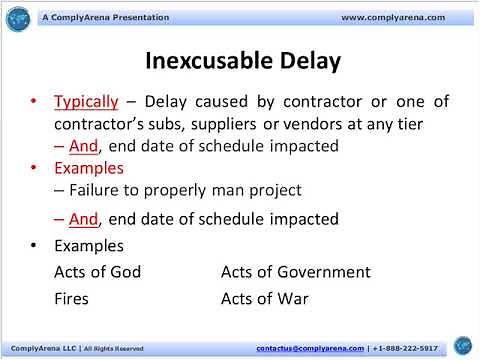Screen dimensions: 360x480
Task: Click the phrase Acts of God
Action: pyautogui.click(x=97, y=272)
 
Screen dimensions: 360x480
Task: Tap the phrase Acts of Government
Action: pyautogui.click(x=281, y=272)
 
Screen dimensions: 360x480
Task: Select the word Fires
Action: pyautogui.click(x=71, y=298)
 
